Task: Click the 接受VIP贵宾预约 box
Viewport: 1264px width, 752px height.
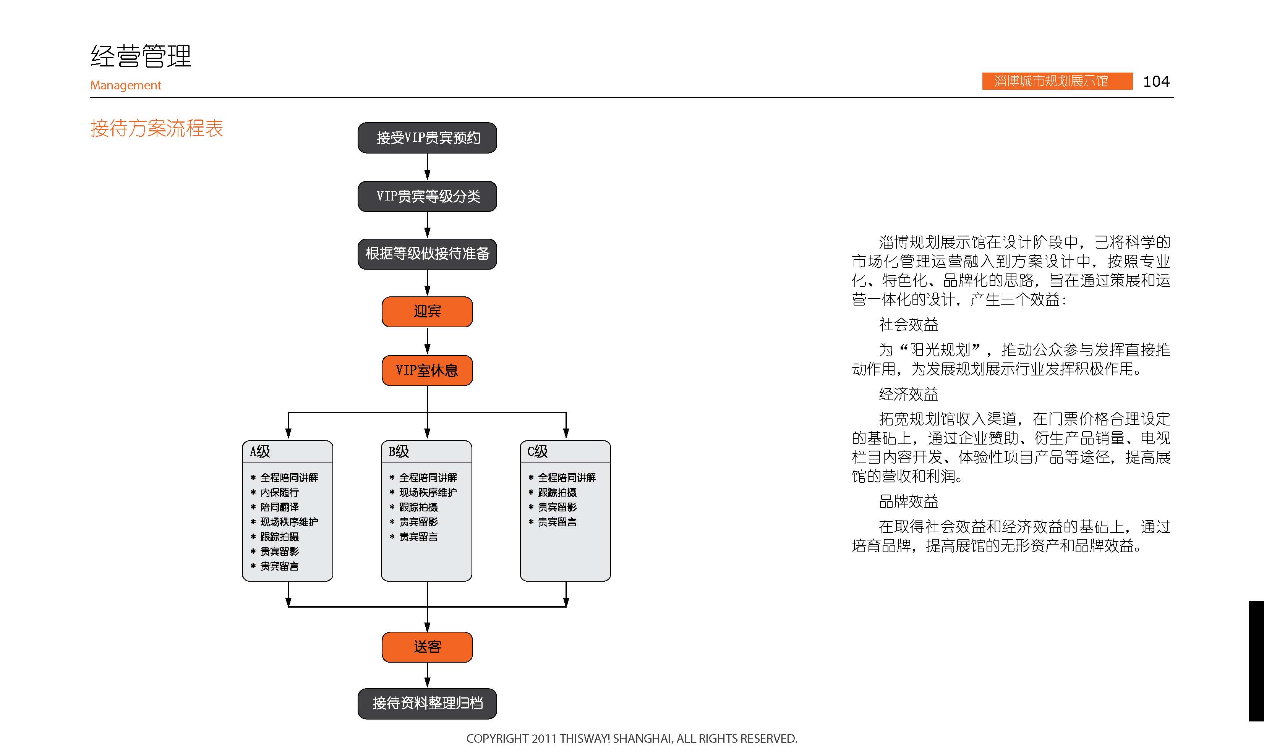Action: tap(427, 138)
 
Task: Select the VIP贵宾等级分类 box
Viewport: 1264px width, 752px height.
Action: tap(427, 196)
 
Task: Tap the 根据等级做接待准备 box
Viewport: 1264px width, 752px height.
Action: tap(427, 254)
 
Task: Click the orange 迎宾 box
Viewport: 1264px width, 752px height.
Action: tap(427, 312)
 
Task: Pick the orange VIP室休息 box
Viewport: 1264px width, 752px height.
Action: tap(427, 370)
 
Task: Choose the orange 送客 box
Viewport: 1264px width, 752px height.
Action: tap(427, 647)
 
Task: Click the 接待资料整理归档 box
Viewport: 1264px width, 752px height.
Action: tap(427, 704)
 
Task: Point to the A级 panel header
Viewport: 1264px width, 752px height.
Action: tap(288, 451)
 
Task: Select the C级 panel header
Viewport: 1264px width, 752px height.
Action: tap(566, 451)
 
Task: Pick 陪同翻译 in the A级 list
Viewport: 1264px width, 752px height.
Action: tap(280, 507)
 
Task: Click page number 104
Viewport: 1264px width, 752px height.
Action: tap(1156, 81)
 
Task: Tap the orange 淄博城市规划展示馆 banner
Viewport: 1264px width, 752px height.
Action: tap(1057, 81)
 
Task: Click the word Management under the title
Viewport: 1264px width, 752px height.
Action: tap(126, 85)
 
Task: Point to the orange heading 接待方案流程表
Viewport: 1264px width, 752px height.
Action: tap(157, 128)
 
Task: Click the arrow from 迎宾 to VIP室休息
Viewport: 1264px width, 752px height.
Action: tap(427, 341)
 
